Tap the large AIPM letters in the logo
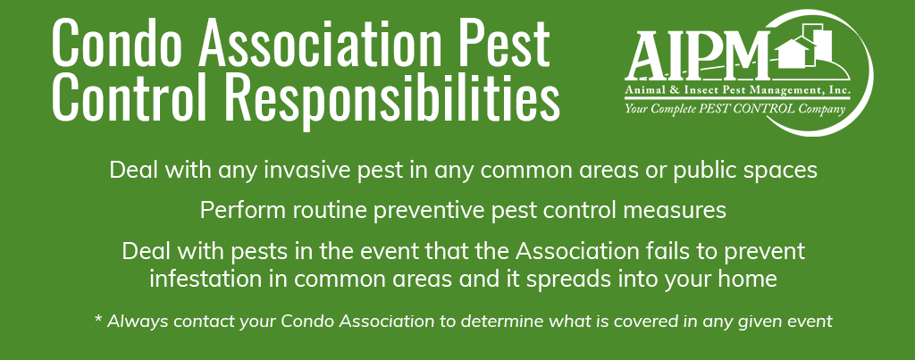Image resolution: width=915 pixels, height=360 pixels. click(x=699, y=55)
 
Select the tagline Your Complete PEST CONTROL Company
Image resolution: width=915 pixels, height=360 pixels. click(x=735, y=108)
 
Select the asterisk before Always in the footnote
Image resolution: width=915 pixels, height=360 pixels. click(x=98, y=319)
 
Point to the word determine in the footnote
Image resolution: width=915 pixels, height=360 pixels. click(x=483, y=321)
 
